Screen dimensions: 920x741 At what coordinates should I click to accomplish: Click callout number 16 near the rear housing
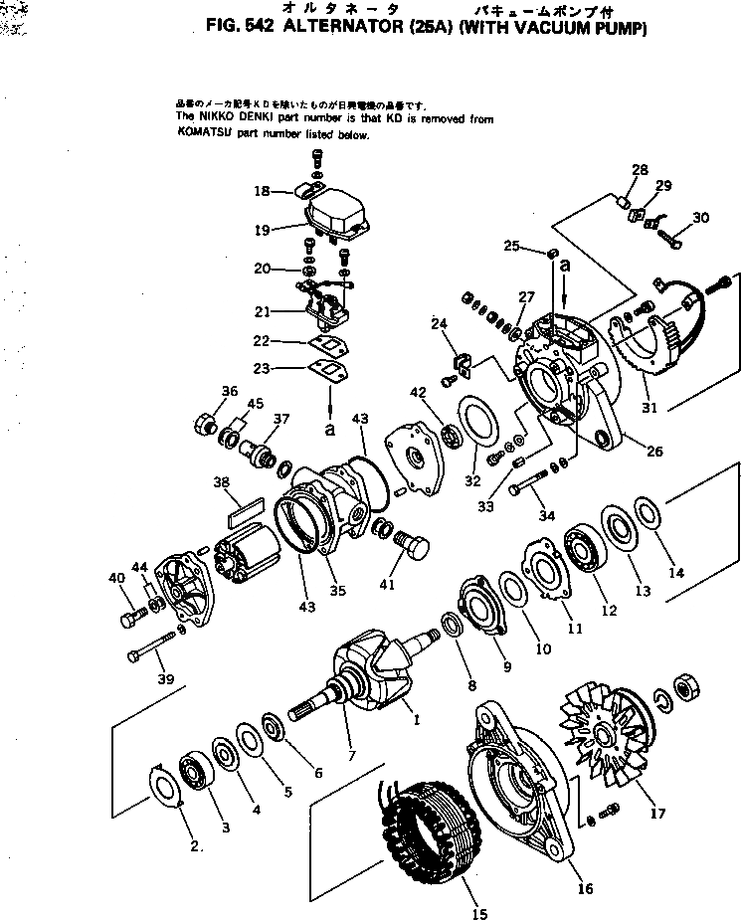click(585, 888)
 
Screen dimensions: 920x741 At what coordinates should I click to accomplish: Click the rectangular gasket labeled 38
click(245, 509)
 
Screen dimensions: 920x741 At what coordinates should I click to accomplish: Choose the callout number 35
click(338, 590)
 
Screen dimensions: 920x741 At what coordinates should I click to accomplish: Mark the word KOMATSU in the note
click(202, 134)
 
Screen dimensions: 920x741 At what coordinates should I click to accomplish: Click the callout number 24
click(439, 323)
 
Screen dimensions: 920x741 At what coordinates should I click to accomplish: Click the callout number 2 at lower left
click(197, 846)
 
